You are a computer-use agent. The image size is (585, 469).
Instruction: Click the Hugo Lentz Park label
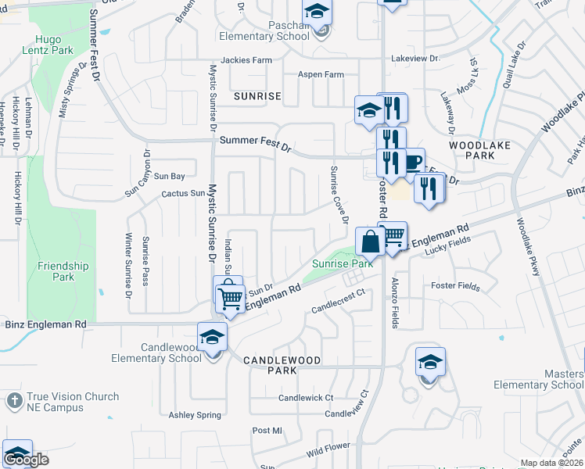(52, 45)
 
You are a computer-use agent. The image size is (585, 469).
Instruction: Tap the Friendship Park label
(63, 271)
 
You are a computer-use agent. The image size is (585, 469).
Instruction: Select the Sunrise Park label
(342, 263)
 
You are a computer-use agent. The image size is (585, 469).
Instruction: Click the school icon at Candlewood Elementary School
(212, 337)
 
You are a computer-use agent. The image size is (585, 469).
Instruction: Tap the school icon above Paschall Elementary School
(317, 12)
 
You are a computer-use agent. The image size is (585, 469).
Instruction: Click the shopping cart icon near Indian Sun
(230, 297)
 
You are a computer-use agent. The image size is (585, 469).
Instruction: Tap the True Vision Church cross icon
(13, 401)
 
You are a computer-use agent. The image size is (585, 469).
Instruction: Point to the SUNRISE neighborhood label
(257, 96)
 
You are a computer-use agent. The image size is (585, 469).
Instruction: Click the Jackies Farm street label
(246, 60)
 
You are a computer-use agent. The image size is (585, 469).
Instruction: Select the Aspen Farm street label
(321, 75)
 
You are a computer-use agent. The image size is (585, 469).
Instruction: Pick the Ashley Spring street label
(195, 415)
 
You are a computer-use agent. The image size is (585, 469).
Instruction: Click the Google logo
(26, 460)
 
